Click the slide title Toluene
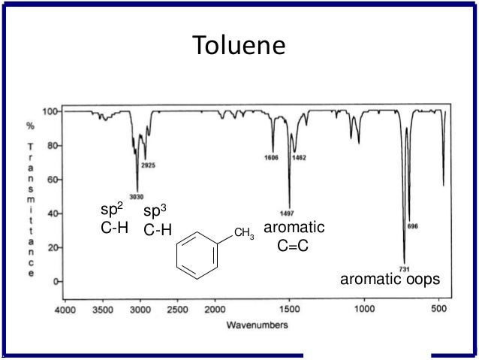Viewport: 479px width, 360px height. [239, 46]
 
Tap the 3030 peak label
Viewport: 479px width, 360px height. [136, 197]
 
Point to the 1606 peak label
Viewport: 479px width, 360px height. [271, 158]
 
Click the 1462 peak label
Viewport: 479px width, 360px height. [300, 158]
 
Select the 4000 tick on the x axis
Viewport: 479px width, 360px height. [65, 309]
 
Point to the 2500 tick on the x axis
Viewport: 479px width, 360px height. [177, 309]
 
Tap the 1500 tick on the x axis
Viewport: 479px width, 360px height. [289, 309]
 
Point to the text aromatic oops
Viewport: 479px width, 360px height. [390, 280]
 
